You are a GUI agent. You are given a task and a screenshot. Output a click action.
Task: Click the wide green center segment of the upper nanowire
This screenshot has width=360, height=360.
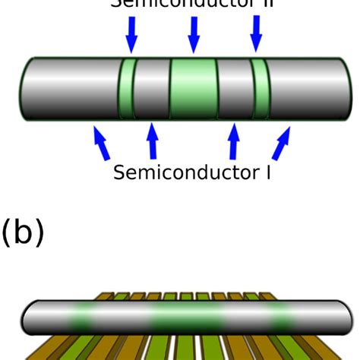click(x=193, y=88)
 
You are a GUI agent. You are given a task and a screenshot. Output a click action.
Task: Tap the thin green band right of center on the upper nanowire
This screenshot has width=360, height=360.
click(x=261, y=88)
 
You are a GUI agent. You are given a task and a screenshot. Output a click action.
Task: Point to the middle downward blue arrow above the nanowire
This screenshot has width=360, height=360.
click(x=194, y=32)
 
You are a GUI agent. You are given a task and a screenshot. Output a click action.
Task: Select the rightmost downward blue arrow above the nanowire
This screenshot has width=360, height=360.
click(x=257, y=32)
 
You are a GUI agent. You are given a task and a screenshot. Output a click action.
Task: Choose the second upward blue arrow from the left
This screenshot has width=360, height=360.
click(x=152, y=141)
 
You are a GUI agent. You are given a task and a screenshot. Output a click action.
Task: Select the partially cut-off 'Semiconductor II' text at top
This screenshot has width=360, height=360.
click(x=190, y=4)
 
